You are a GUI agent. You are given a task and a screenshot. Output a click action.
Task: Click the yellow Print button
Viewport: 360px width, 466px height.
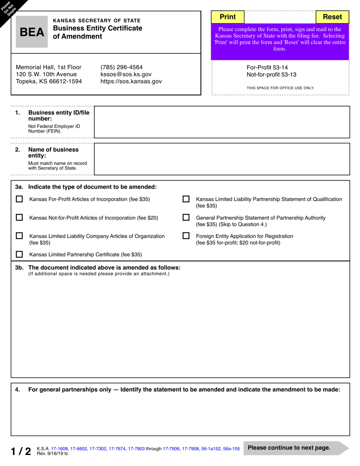[x=227, y=17]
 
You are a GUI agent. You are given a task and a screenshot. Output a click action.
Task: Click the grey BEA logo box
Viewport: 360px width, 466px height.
[x=32, y=32]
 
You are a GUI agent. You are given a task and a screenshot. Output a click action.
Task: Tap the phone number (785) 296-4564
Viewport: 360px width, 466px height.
[x=121, y=67]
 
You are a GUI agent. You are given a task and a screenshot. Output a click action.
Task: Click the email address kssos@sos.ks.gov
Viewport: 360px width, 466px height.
[x=126, y=74]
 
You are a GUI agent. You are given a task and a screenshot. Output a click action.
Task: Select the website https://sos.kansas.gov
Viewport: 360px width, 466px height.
[x=131, y=81]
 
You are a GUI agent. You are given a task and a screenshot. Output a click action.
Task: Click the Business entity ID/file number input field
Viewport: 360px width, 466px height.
[x=222, y=122]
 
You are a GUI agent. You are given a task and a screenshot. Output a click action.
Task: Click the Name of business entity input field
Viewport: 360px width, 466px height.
[x=222, y=159]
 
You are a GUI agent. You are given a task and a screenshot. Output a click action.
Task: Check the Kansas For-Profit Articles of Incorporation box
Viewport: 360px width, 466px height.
[x=19, y=199]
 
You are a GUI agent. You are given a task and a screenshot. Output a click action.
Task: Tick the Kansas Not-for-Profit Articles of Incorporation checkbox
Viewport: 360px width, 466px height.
[x=19, y=217]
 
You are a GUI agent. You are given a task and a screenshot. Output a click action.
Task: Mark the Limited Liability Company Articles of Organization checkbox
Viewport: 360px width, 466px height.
[x=19, y=236]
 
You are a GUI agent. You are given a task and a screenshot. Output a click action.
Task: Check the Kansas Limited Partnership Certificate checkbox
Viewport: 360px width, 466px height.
[x=19, y=254]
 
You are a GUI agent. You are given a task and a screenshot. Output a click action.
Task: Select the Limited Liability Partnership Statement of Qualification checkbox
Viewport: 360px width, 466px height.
[x=186, y=199]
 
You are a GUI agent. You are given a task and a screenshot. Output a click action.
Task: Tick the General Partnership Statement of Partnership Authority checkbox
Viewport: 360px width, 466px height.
[x=186, y=217]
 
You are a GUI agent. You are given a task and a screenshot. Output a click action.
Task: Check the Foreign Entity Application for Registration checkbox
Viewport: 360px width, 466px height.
[x=186, y=236]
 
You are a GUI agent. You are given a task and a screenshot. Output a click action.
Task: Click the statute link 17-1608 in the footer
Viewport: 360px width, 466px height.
[x=59, y=449]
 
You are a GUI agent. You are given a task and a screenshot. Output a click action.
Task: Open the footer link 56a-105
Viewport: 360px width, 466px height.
[x=231, y=449]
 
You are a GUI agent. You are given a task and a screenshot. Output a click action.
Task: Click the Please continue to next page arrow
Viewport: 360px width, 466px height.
[x=296, y=448]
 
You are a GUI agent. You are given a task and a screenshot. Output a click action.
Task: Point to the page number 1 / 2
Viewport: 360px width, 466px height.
[x=21, y=451]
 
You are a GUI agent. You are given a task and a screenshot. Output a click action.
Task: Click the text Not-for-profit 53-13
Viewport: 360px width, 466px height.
[x=271, y=75]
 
